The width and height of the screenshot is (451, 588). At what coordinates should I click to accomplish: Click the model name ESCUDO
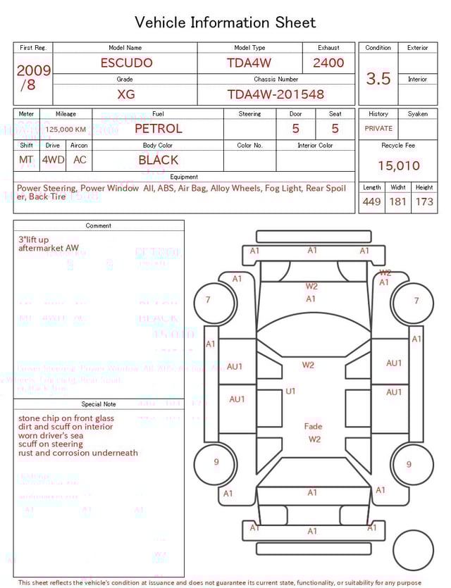[x=126, y=63]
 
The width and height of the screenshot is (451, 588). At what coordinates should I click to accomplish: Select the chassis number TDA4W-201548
[x=276, y=94]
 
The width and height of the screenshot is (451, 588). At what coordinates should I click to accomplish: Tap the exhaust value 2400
[x=328, y=63]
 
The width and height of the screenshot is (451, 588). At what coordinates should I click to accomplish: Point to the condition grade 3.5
[x=378, y=79]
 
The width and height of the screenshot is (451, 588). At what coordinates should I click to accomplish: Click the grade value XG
[x=126, y=94]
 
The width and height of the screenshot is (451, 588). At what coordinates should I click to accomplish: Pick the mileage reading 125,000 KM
[x=66, y=130]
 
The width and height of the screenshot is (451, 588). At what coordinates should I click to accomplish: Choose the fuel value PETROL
[x=158, y=129]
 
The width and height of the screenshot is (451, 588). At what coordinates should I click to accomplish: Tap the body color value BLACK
[x=158, y=160]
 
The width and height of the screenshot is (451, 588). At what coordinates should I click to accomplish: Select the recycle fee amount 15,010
[x=398, y=166]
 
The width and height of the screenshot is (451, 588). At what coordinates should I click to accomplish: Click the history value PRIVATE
[x=378, y=129]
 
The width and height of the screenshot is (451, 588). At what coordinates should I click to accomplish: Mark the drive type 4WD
[x=53, y=160]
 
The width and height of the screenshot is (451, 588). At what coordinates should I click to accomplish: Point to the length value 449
[x=371, y=202]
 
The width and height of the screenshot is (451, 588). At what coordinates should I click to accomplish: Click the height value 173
[x=424, y=202]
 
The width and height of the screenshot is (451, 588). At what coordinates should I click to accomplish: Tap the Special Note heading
[x=99, y=404]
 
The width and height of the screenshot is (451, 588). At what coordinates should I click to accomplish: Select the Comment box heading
[x=99, y=226]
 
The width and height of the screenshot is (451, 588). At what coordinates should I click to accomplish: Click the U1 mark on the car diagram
[x=290, y=392]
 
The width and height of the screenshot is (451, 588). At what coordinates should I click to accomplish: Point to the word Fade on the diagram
[x=313, y=427]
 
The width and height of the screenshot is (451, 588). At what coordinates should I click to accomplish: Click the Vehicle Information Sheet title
[x=225, y=23]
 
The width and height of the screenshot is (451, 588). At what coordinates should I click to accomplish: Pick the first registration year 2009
[x=33, y=70]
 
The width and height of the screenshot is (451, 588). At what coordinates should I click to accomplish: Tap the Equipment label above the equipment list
[x=184, y=177]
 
